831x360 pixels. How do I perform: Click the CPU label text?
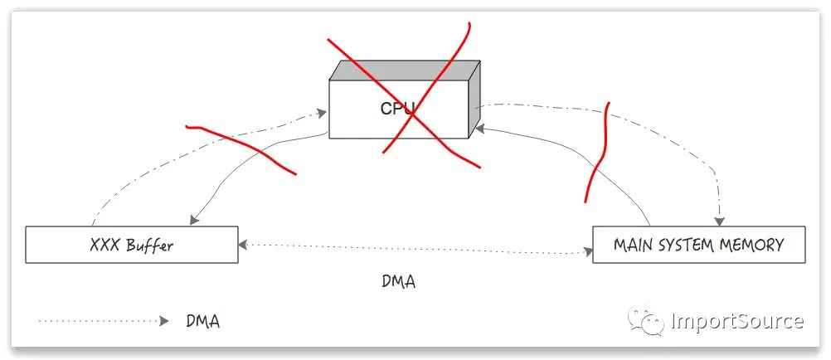pyautogui.click(x=397, y=108)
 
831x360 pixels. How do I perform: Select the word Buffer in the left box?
pyautogui.click(x=149, y=246)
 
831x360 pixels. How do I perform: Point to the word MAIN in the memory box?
pyautogui.click(x=633, y=245)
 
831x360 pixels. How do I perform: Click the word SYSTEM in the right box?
pyautogui.click(x=686, y=245)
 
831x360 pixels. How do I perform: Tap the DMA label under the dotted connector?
pyautogui.click(x=398, y=281)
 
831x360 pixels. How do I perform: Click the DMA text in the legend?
pyautogui.click(x=203, y=321)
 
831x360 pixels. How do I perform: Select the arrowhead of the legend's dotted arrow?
pyautogui.click(x=163, y=320)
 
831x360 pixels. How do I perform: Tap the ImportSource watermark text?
pyautogui.click(x=737, y=320)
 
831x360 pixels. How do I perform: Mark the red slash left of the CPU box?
pyautogui.click(x=241, y=148)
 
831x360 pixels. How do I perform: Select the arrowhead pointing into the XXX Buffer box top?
pyautogui.click(x=193, y=221)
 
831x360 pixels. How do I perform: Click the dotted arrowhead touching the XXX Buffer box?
pyautogui.click(x=243, y=246)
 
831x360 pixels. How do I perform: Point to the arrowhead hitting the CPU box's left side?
pyautogui.click(x=324, y=110)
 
